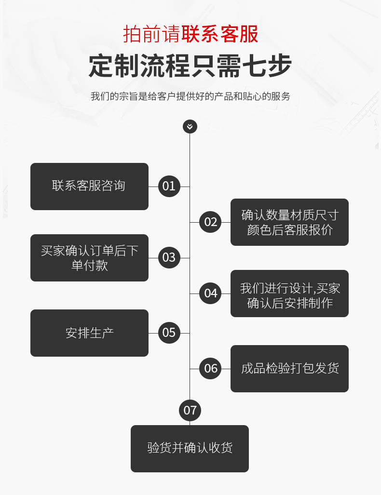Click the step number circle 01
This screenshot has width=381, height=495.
click(x=169, y=186)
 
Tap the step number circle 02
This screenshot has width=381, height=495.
click(x=211, y=222)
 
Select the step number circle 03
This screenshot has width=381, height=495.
click(x=169, y=257)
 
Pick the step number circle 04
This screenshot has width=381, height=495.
click(x=211, y=293)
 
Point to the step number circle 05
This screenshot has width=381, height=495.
click(x=169, y=333)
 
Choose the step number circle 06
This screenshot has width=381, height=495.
click(x=211, y=369)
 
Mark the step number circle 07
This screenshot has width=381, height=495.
click(x=190, y=410)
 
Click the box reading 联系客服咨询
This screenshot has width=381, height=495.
click(x=89, y=186)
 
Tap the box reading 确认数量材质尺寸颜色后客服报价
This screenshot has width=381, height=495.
click(x=289, y=222)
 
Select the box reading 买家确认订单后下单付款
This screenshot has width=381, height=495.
click(x=89, y=257)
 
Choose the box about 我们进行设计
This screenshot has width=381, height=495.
click(x=289, y=293)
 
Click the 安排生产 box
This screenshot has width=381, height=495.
click(x=89, y=333)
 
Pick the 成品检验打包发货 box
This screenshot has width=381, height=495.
click(x=289, y=369)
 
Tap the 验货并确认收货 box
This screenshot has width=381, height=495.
click(x=190, y=448)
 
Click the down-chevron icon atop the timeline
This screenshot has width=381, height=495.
click(x=190, y=126)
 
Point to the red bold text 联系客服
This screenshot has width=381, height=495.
click(x=220, y=34)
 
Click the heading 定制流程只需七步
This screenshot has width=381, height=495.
click(x=190, y=66)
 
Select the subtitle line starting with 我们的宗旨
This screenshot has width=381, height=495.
click(x=190, y=96)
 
